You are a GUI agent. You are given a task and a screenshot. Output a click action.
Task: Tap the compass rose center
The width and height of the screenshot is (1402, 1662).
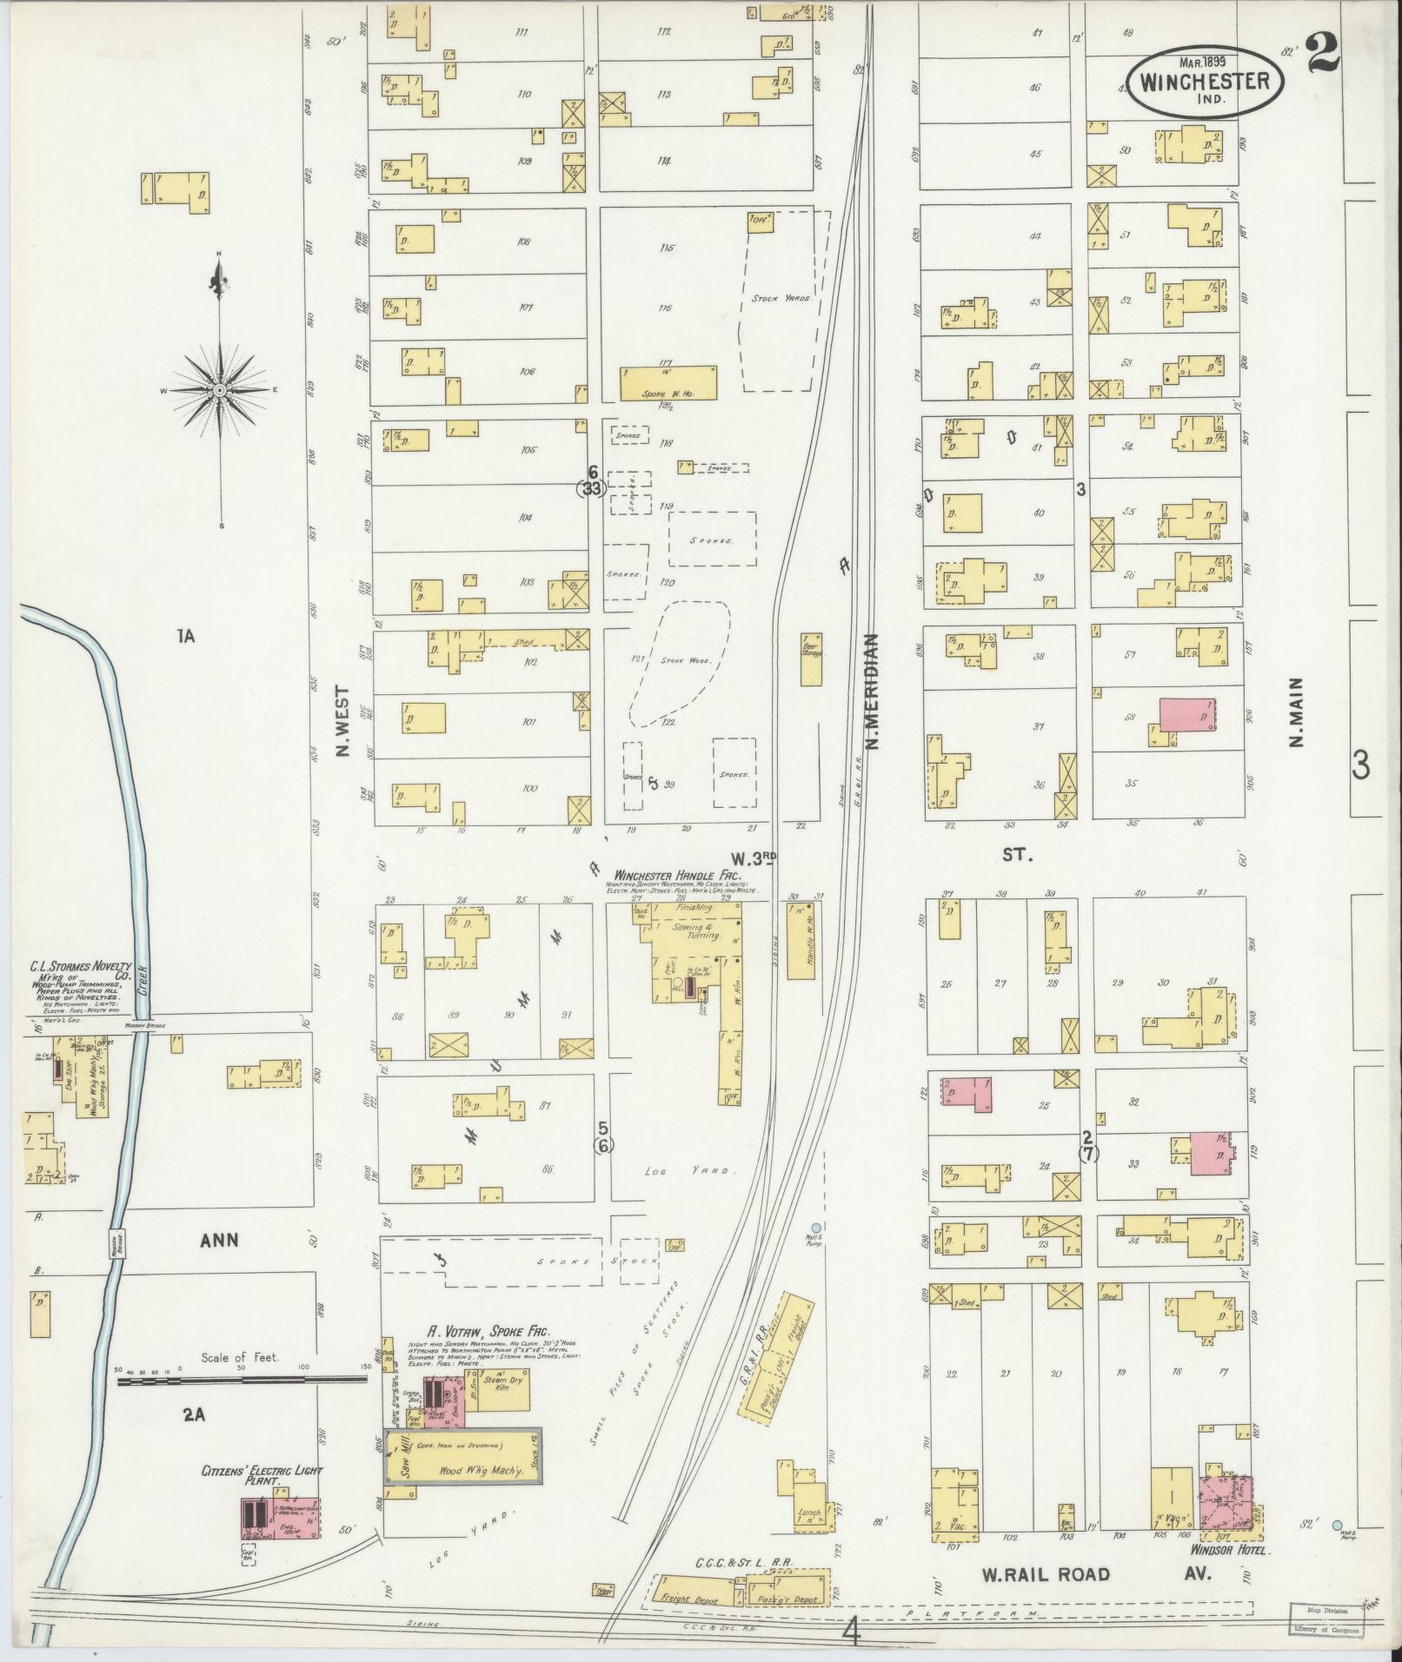click(220, 391)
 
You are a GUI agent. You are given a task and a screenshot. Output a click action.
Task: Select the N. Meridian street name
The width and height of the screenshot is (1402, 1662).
click(873, 691)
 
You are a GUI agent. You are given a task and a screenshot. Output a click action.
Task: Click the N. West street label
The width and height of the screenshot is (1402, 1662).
click(343, 723)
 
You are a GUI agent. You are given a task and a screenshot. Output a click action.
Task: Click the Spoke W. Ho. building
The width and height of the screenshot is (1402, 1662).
click(668, 382)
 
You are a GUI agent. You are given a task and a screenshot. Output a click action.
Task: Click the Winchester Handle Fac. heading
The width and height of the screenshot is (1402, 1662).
click(674, 875)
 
